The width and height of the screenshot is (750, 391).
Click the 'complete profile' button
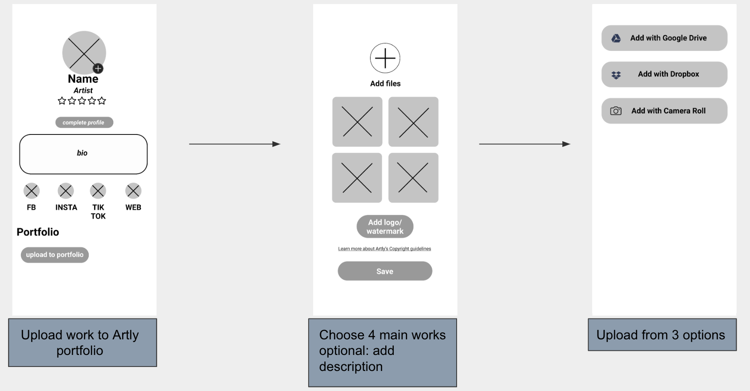coord(84,122)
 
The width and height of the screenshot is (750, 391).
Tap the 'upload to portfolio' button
coord(54,255)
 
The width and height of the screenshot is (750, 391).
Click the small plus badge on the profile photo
coord(98,69)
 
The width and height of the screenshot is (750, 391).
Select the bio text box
coord(83,154)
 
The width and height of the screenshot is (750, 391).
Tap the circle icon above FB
coord(32,191)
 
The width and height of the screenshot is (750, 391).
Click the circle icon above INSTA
coord(66,191)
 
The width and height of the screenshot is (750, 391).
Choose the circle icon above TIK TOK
coord(98,191)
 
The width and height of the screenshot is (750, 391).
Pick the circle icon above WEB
coord(133,191)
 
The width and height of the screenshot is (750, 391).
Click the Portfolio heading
coord(38,232)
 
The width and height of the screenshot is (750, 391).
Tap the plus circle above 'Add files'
coord(385,58)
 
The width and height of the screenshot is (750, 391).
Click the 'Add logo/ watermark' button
coord(385,226)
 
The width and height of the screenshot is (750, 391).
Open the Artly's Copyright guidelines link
coord(384,248)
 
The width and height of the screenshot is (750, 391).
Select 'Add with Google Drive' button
coord(664,38)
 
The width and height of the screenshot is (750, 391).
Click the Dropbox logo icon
coord(616,75)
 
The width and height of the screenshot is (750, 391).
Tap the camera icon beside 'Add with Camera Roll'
coord(616,111)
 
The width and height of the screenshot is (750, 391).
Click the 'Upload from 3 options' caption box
coord(662,335)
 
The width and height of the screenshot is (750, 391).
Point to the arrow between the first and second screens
coord(235,144)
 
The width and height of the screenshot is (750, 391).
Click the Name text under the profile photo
coord(83,79)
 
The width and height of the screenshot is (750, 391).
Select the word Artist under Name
coord(83,90)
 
